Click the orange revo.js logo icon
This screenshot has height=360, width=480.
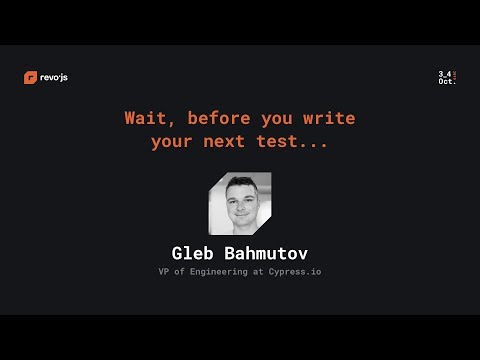tap(30, 78)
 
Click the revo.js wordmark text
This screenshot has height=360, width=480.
tap(54, 78)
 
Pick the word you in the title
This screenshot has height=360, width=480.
tap(274, 118)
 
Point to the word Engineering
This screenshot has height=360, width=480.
tap(222, 271)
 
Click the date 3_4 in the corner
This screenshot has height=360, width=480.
tap(444, 74)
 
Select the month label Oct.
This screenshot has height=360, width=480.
tap(446, 82)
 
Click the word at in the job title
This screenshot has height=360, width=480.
tap(262, 271)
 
